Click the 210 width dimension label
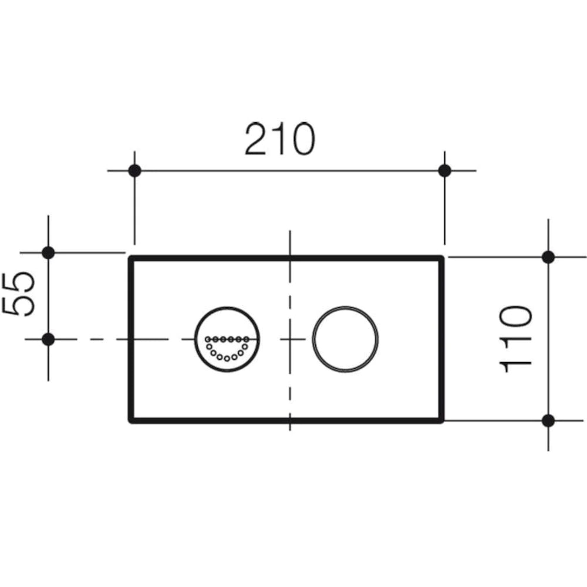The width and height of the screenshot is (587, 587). [x=279, y=139]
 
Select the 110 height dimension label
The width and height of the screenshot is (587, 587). [x=515, y=339]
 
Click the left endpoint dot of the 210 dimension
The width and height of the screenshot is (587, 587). [x=134, y=171]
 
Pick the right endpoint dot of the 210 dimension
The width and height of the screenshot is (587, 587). [x=444, y=171]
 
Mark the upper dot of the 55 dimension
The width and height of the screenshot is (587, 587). [x=48, y=253]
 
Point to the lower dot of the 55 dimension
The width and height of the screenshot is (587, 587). [x=48, y=339]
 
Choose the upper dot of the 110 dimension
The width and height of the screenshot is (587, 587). [x=548, y=257]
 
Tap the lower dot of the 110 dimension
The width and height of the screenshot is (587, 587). [x=548, y=420]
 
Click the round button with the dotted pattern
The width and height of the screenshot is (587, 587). [x=226, y=339]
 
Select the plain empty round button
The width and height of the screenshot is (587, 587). [x=345, y=339]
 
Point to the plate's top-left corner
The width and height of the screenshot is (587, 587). [x=130, y=258]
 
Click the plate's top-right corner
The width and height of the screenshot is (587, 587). [x=442, y=258]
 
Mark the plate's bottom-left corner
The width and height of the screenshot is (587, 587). [x=130, y=421]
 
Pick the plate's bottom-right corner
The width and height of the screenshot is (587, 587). [x=442, y=421]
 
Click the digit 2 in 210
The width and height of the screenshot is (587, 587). [x=257, y=140]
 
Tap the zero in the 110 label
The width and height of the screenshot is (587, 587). [x=515, y=318]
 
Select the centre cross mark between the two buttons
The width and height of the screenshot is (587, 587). [x=290, y=339]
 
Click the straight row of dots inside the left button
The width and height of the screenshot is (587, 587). [x=225, y=339]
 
